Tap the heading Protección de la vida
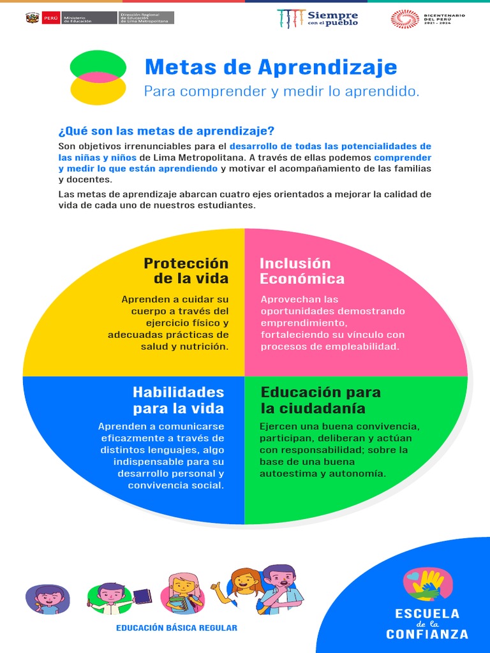coord(186,271)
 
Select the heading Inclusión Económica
coord(302,271)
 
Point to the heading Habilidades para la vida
coord(179,400)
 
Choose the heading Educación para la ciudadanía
coord(320,400)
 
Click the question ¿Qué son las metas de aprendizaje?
coord(166,131)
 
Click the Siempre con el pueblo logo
coord(318,18)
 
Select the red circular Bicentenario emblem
coord(405,18)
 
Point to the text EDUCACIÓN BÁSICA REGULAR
coord(176,628)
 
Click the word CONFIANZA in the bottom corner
coord(427,635)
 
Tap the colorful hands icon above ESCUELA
coord(427,584)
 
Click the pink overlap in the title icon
coord(98,77)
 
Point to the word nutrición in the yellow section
coord(206,346)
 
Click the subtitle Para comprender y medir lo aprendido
coord(281,91)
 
